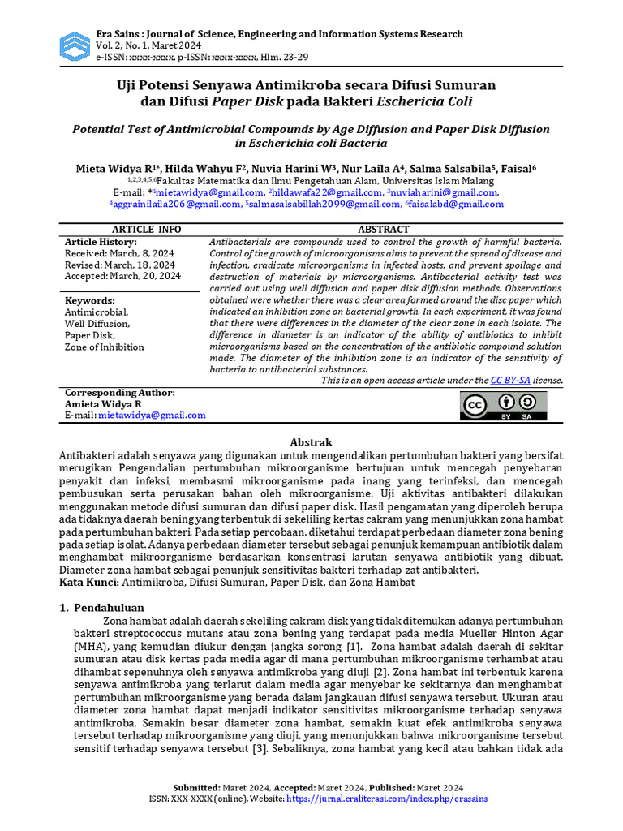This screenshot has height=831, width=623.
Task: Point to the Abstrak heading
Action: coord(311,442)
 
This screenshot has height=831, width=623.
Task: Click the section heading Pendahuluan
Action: coord(109,607)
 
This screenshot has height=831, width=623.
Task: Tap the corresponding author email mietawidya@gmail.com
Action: coord(152,415)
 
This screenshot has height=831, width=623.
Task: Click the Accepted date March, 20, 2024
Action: coord(122,276)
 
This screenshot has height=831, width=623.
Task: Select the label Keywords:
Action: coord(89,299)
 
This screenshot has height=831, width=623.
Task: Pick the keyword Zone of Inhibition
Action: coord(105,347)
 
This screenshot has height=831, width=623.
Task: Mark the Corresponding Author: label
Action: coord(119,392)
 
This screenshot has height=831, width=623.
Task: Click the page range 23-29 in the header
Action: coord(296,58)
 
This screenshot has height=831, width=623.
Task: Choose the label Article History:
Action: coord(101,242)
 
